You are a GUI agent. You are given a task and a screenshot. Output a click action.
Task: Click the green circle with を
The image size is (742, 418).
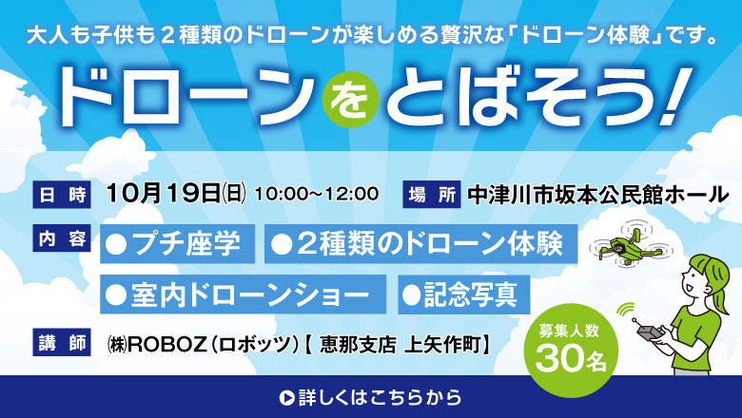tap(351, 99)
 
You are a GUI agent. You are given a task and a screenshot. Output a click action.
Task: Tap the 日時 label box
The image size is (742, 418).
tap(62, 195)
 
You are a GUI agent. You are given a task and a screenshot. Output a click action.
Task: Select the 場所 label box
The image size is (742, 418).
tap(432, 195)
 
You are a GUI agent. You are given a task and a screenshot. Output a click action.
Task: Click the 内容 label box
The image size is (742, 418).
tap(62, 238)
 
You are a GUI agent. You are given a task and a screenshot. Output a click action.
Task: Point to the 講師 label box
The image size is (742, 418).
tap(62, 342)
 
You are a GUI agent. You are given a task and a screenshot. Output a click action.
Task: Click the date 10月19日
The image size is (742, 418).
tap(164, 194)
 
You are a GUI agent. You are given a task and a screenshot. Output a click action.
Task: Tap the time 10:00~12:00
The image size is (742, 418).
tap(317, 194)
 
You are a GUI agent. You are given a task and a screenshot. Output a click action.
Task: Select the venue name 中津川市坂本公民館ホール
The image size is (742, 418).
tap(597, 195)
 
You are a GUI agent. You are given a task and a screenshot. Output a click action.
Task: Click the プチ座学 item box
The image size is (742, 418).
tap(178, 244)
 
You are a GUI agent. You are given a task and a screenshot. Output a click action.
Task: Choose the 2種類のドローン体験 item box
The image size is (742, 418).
tap(421, 244)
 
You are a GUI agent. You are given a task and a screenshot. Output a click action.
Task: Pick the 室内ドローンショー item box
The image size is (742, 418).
tap(244, 294)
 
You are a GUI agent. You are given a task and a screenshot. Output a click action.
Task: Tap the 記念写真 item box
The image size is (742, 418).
tap(464, 294)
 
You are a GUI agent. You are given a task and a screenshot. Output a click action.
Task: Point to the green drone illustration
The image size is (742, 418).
tap(631, 245)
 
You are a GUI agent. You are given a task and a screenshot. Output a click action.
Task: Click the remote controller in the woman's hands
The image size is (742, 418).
tap(649, 331)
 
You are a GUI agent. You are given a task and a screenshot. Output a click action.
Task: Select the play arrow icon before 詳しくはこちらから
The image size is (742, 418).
tap(286, 398)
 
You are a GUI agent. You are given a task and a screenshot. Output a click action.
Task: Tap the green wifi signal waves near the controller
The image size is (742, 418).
tap(626, 310)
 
